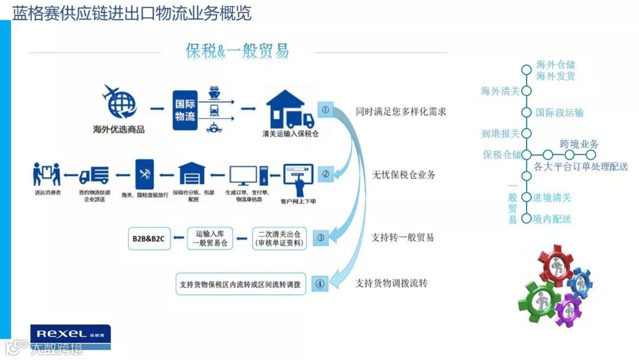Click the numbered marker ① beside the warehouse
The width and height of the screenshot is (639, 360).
click(325, 110)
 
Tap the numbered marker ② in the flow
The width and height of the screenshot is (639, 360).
click(325, 174)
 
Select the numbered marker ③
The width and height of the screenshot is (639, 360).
click(321, 238)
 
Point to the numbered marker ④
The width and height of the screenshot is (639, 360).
click(320, 284)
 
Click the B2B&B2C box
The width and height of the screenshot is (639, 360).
click(149, 238)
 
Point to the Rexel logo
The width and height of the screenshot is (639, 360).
click(70, 334)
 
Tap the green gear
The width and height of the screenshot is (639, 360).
click(539, 300)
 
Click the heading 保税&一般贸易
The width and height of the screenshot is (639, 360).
click(237, 51)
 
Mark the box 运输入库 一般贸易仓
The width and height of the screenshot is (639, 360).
click(210, 238)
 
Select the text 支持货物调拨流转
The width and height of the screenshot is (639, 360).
click(391, 283)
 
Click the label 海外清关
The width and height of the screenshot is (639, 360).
click(501, 91)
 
